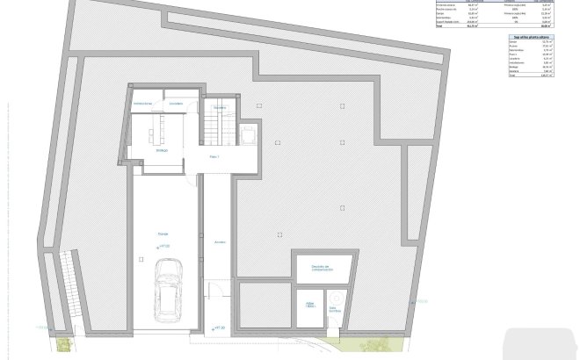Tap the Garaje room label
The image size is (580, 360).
tap(163, 234)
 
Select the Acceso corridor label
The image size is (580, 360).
tap(220, 242)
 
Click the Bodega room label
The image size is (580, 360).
tap(162, 150)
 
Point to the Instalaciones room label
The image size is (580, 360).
tap(142, 104)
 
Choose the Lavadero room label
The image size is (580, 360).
tap(177, 104)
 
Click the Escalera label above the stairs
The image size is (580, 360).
tap(220, 108)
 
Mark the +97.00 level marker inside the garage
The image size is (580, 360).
tap(163, 248)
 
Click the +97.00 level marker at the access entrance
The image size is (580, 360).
tap(219, 327)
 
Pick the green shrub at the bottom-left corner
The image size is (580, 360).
tap(62, 345)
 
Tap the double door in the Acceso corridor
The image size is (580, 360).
tap(214, 290)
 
